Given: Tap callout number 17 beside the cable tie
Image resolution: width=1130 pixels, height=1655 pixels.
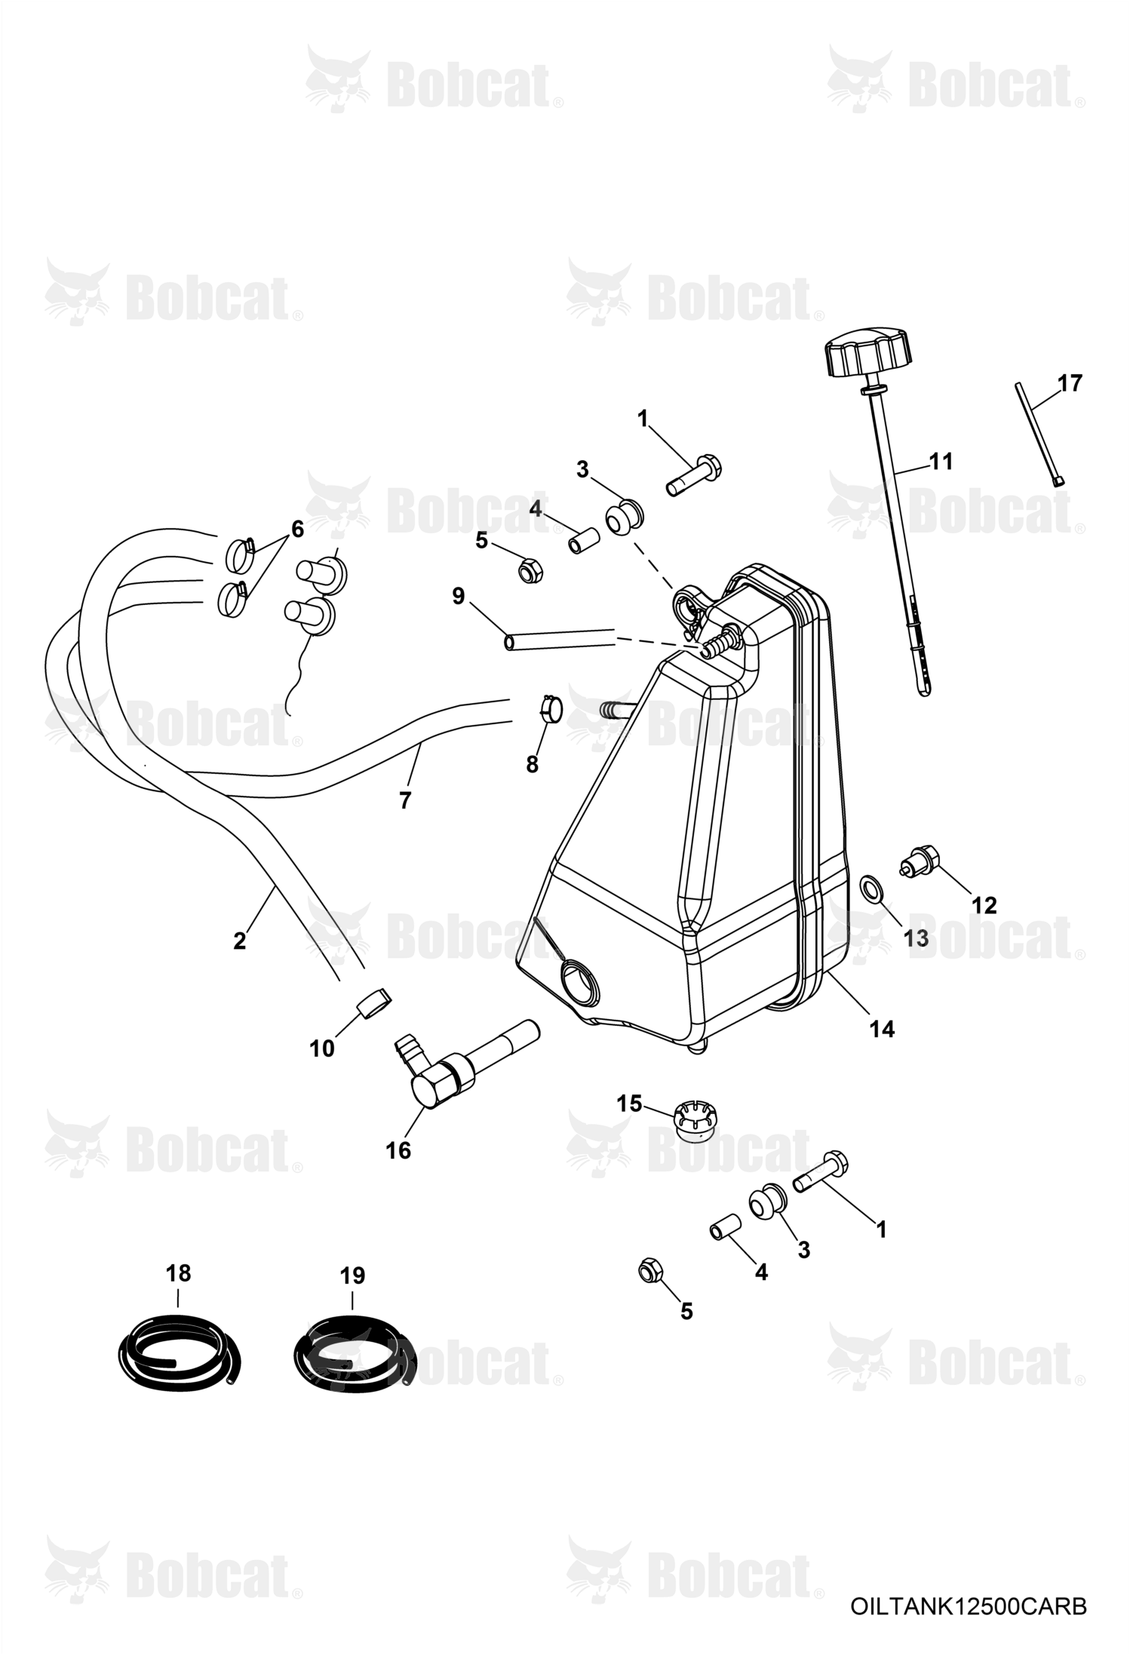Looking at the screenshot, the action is pos(1069,383).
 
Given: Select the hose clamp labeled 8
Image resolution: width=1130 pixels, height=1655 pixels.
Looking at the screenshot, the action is pos(550,710).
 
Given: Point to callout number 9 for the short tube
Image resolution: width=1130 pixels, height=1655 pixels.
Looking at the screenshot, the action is pos(458,596).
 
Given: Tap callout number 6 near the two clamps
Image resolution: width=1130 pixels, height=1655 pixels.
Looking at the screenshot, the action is pos(296,529).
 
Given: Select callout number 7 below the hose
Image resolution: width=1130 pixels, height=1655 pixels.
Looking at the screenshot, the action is pos(405,800).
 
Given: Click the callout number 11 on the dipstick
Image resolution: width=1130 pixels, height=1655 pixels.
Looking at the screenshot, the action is pos(941,461).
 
